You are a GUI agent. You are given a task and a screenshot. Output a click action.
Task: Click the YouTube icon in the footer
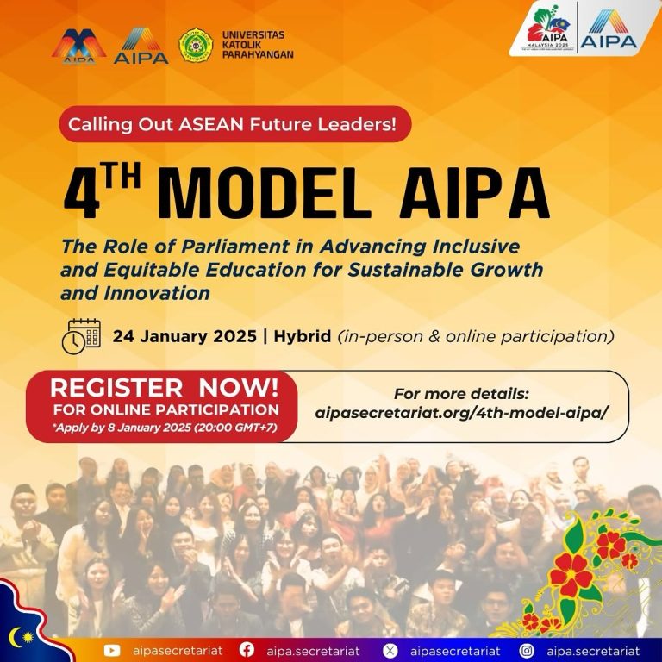click(112, 650)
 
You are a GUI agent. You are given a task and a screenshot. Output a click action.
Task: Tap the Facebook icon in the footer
click(247, 650)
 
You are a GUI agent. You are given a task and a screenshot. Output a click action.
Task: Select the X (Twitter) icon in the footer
click(390, 650)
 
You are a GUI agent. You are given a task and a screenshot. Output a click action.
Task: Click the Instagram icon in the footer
click(527, 650)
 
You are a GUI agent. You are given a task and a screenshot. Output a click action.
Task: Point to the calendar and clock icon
click(81, 336)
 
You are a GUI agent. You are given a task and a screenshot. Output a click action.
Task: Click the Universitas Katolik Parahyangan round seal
click(196, 45)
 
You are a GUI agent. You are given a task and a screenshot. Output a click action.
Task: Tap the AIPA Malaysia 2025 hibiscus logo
click(548, 27)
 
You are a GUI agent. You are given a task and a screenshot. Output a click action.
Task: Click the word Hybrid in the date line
click(303, 336)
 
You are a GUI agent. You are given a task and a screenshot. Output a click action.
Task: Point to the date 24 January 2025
click(184, 336)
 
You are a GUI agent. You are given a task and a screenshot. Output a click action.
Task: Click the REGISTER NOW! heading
click(165, 388)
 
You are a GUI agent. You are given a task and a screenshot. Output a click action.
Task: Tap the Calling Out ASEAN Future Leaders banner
click(235, 124)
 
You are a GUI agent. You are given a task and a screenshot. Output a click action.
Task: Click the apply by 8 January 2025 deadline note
click(165, 428)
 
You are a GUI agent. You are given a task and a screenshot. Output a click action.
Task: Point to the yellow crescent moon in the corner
click(15, 636)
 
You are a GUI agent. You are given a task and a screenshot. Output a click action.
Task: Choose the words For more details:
click(461, 394)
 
